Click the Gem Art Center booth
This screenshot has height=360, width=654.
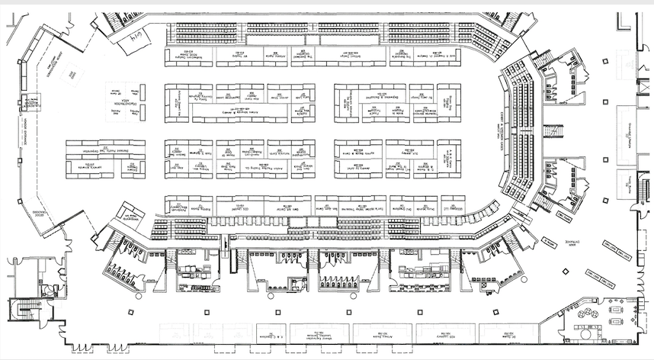295,205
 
